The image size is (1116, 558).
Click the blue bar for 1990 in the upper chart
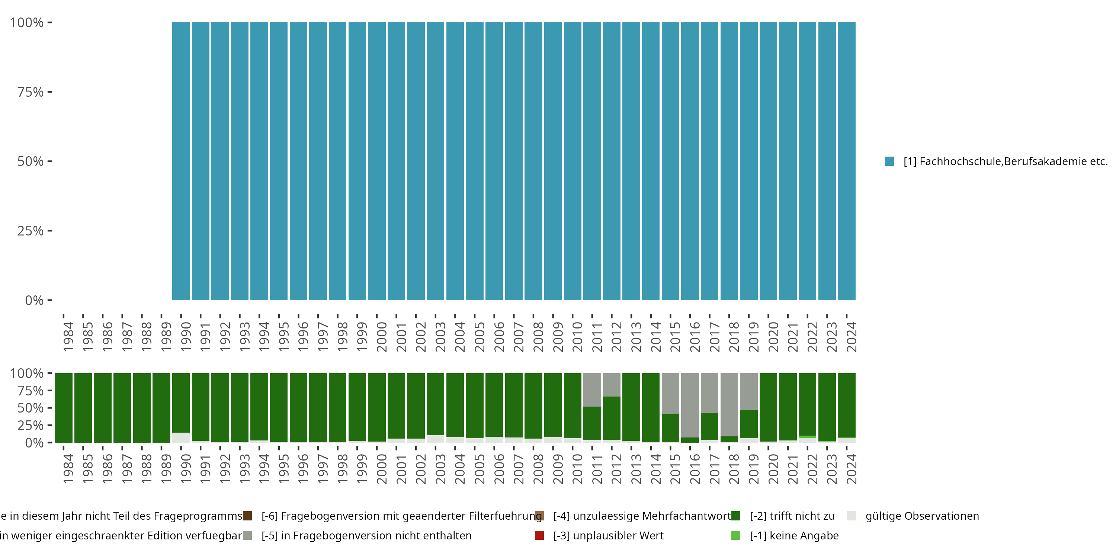point(181,161)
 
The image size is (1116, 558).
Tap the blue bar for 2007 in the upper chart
point(513,161)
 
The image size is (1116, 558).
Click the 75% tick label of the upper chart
point(31,92)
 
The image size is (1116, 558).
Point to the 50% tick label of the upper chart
point(31,161)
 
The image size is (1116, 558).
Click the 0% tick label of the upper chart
point(34,300)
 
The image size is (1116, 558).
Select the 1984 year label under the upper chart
point(68,337)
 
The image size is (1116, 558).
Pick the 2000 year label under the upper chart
point(382,337)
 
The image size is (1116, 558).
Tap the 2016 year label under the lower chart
point(695,469)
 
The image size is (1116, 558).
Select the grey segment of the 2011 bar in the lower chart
point(592,389)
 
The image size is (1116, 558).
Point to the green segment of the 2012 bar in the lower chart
point(611,418)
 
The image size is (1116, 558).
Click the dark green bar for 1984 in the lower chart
point(63,408)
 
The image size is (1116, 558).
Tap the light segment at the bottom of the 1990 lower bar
point(181,437)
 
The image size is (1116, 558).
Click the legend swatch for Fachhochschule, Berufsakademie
point(889,161)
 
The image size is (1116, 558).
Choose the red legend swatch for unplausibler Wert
point(539,535)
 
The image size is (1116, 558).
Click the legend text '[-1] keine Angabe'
point(794,535)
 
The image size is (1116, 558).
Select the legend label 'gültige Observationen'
point(922,516)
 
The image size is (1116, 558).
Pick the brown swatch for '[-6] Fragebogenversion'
point(247,516)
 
